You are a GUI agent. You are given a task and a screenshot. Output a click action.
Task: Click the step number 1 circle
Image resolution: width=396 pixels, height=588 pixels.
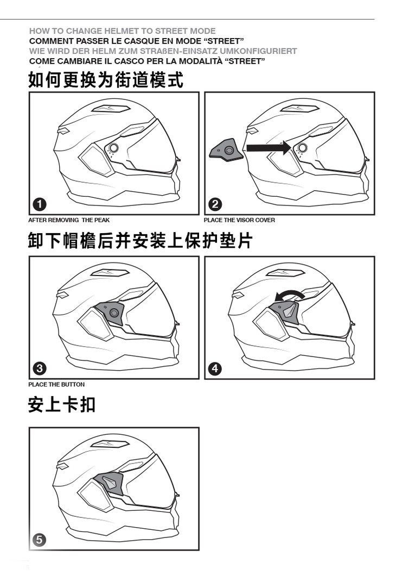pyautogui.click(x=40, y=204)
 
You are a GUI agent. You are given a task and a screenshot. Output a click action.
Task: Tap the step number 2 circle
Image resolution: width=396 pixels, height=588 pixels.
pyautogui.click(x=215, y=204)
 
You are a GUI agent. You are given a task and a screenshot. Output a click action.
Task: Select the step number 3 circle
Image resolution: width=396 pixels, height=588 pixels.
pyautogui.click(x=40, y=368)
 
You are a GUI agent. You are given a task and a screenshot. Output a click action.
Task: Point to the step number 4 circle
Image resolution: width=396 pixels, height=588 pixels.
pyautogui.click(x=215, y=368)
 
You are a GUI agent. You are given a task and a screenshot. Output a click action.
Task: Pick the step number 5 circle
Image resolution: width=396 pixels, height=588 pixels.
pyautogui.click(x=39, y=540)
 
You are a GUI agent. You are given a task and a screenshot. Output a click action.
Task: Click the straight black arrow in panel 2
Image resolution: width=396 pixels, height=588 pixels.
pyautogui.click(x=269, y=148)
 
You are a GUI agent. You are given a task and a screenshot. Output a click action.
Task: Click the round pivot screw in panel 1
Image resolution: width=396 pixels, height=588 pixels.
pyautogui.click(x=114, y=147)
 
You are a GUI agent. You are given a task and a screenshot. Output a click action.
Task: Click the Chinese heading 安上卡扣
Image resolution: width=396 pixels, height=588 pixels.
pyautogui.click(x=62, y=405)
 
